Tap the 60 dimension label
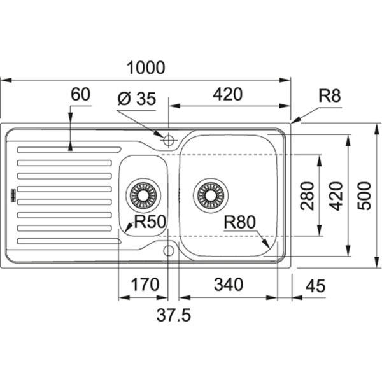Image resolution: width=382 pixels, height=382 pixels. click(80, 95)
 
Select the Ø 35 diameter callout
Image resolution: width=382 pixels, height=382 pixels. click(137, 99)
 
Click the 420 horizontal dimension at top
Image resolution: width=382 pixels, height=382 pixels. click(227, 94)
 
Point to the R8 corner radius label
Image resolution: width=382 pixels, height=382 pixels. click(330, 96)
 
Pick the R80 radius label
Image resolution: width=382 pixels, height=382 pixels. click(239, 222)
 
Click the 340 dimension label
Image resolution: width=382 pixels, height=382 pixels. click(228, 285)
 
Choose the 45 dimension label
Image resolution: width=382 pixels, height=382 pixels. click(315, 286)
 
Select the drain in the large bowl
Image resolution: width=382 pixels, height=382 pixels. click(211, 194)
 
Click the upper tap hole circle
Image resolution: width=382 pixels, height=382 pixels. click(169, 139)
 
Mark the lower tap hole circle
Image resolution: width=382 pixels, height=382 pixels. click(169, 250)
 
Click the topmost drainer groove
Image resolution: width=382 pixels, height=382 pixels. click(69, 150)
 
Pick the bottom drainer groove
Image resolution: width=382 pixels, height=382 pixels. click(69, 241)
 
